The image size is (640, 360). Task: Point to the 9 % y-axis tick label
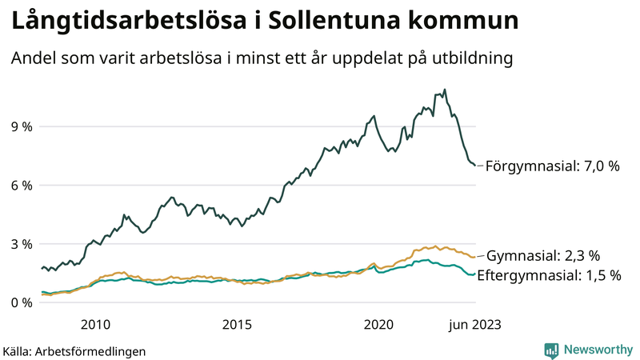click(x=22, y=126)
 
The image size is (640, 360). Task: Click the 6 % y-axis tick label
click(x=22, y=185)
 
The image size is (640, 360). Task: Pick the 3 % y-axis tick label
click(x=22, y=244)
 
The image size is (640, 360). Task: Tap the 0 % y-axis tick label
click(x=22, y=302)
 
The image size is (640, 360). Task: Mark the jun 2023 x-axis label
click(x=475, y=324)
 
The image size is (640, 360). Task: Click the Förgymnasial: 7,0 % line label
click(x=553, y=166)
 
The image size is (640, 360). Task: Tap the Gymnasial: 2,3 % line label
click(x=543, y=256)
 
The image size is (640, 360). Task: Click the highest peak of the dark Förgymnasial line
click(x=445, y=90)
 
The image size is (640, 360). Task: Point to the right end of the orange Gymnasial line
click(x=475, y=257)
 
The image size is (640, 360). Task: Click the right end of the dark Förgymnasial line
click(x=475, y=165)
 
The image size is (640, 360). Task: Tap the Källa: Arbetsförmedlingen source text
click(x=74, y=350)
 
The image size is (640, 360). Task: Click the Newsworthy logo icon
click(x=551, y=350)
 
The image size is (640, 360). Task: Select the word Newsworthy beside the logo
click(x=598, y=350)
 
